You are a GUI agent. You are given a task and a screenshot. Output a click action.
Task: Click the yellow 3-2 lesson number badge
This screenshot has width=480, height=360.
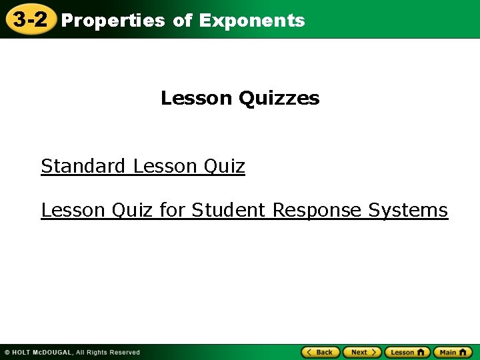pos(30,19)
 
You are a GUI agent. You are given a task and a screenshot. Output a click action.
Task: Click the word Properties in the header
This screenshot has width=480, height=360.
pos(113,21)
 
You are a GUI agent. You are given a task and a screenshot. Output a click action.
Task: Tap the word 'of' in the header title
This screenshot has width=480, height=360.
pos(182,21)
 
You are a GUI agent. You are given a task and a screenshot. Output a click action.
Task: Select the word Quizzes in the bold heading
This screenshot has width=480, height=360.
pos(279,99)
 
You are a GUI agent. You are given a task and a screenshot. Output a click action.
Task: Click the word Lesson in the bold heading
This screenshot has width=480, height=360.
pos(197,99)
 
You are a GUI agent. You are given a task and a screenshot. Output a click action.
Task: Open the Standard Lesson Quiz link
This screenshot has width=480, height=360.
pos(143,166)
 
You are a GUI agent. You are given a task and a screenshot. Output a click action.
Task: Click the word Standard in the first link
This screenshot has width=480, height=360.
pos(83,166)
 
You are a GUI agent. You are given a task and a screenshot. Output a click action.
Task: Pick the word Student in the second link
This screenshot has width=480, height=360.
pos(230,210)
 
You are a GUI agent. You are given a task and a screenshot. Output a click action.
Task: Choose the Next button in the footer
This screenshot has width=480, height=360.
pos(362,352)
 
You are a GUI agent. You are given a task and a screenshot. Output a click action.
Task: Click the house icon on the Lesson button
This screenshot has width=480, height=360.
pos(421,352)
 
